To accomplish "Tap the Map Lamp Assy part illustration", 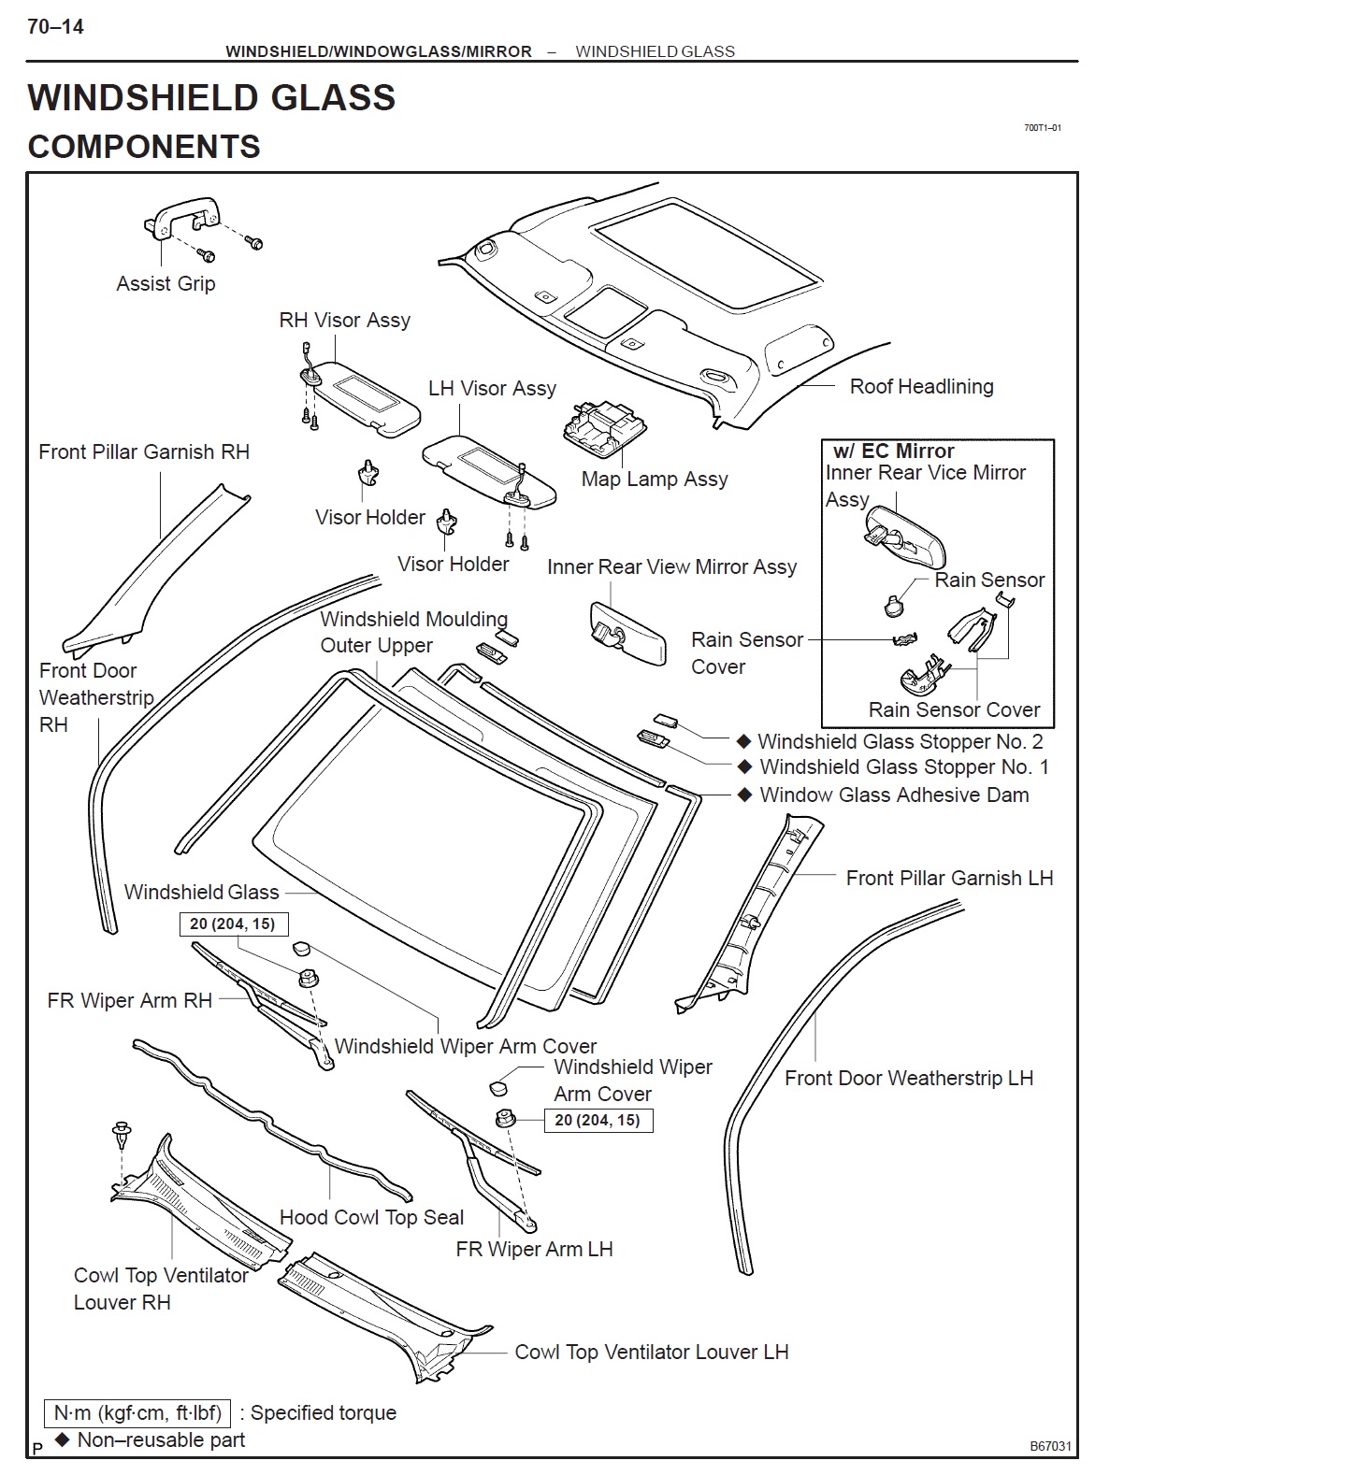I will (600, 430).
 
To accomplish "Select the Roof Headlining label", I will (921, 386).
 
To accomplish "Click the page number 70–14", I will (55, 27).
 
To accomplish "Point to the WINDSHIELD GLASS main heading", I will (211, 98).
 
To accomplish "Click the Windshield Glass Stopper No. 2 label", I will (900, 741).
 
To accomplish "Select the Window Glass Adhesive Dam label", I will (894, 795).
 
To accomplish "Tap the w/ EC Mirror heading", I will (893, 451).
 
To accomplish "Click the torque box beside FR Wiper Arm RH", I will (233, 924).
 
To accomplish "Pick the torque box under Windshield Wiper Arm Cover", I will (598, 1120).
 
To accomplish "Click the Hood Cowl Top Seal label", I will (371, 1217).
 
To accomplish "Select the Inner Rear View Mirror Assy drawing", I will (627, 632).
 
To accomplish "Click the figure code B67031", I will (1050, 1446).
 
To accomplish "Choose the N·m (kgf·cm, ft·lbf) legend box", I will (137, 1412).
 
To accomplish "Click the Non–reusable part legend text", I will (161, 1439).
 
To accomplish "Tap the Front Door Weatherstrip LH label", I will (908, 1078).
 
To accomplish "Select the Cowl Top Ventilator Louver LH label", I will (651, 1352).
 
